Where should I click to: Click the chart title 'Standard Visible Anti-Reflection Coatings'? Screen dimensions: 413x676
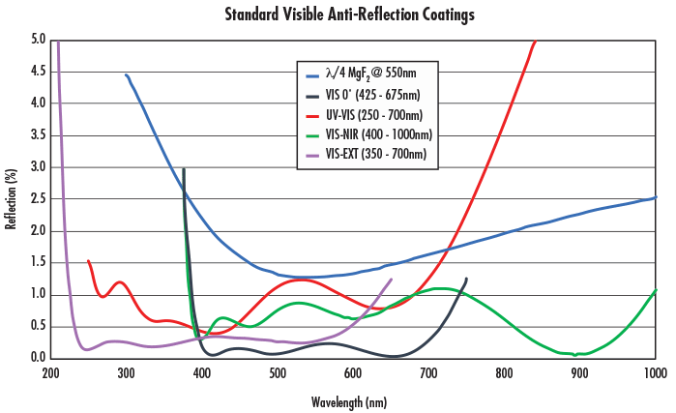(x=337, y=15)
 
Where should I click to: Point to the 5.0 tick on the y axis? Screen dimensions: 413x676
(x=39, y=40)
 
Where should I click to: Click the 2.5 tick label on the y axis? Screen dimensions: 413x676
(x=39, y=198)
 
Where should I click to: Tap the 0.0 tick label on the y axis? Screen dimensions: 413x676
(x=39, y=358)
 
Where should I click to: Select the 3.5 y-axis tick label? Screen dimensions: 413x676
(x=39, y=135)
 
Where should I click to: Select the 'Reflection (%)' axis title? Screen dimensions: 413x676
(x=12, y=199)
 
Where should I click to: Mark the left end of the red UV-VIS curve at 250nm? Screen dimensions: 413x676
(x=89, y=261)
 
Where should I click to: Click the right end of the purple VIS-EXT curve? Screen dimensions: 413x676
(x=391, y=280)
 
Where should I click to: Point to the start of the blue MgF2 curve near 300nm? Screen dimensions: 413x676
(x=127, y=74)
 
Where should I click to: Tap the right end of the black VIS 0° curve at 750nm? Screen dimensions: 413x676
(x=466, y=279)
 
